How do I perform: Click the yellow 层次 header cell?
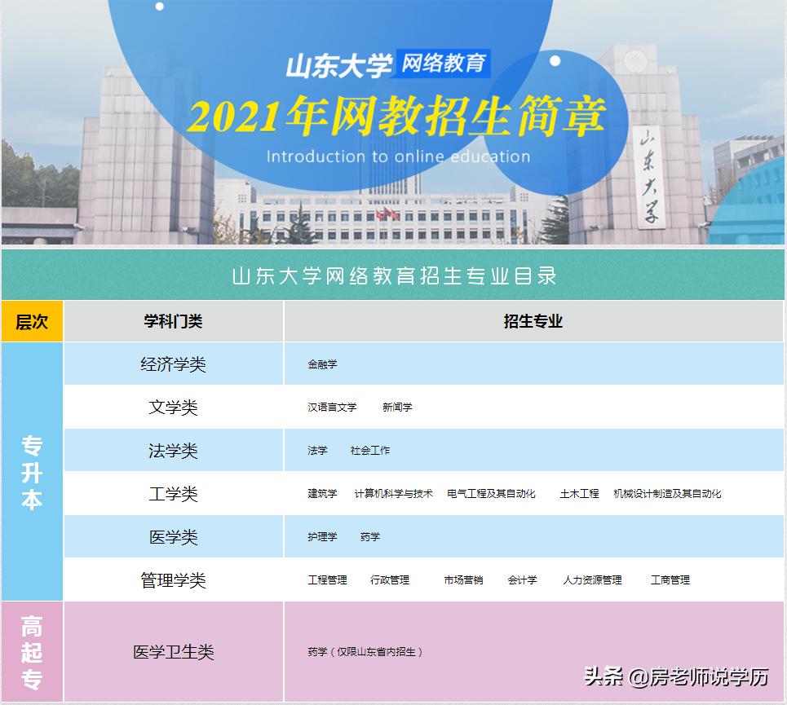click(x=32, y=322)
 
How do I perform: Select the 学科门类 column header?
click(x=173, y=322)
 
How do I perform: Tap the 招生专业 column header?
click(x=533, y=322)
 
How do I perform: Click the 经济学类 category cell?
click(x=173, y=364)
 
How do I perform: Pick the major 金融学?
click(x=322, y=364)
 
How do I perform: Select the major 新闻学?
click(x=397, y=407)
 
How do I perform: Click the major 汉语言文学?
click(x=332, y=407)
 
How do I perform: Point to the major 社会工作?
click(x=370, y=450)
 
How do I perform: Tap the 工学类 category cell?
click(x=173, y=494)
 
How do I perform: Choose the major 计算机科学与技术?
click(x=393, y=494)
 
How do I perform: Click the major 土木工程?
click(x=579, y=494)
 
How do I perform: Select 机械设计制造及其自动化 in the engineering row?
click(x=667, y=494)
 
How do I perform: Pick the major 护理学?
click(x=322, y=537)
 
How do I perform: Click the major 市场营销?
click(x=463, y=580)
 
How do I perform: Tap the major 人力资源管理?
click(x=592, y=580)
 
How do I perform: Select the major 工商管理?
click(x=670, y=580)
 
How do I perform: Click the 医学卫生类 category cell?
click(x=173, y=652)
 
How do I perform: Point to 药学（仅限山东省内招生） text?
click(x=365, y=652)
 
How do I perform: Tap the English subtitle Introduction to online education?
click(x=398, y=156)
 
